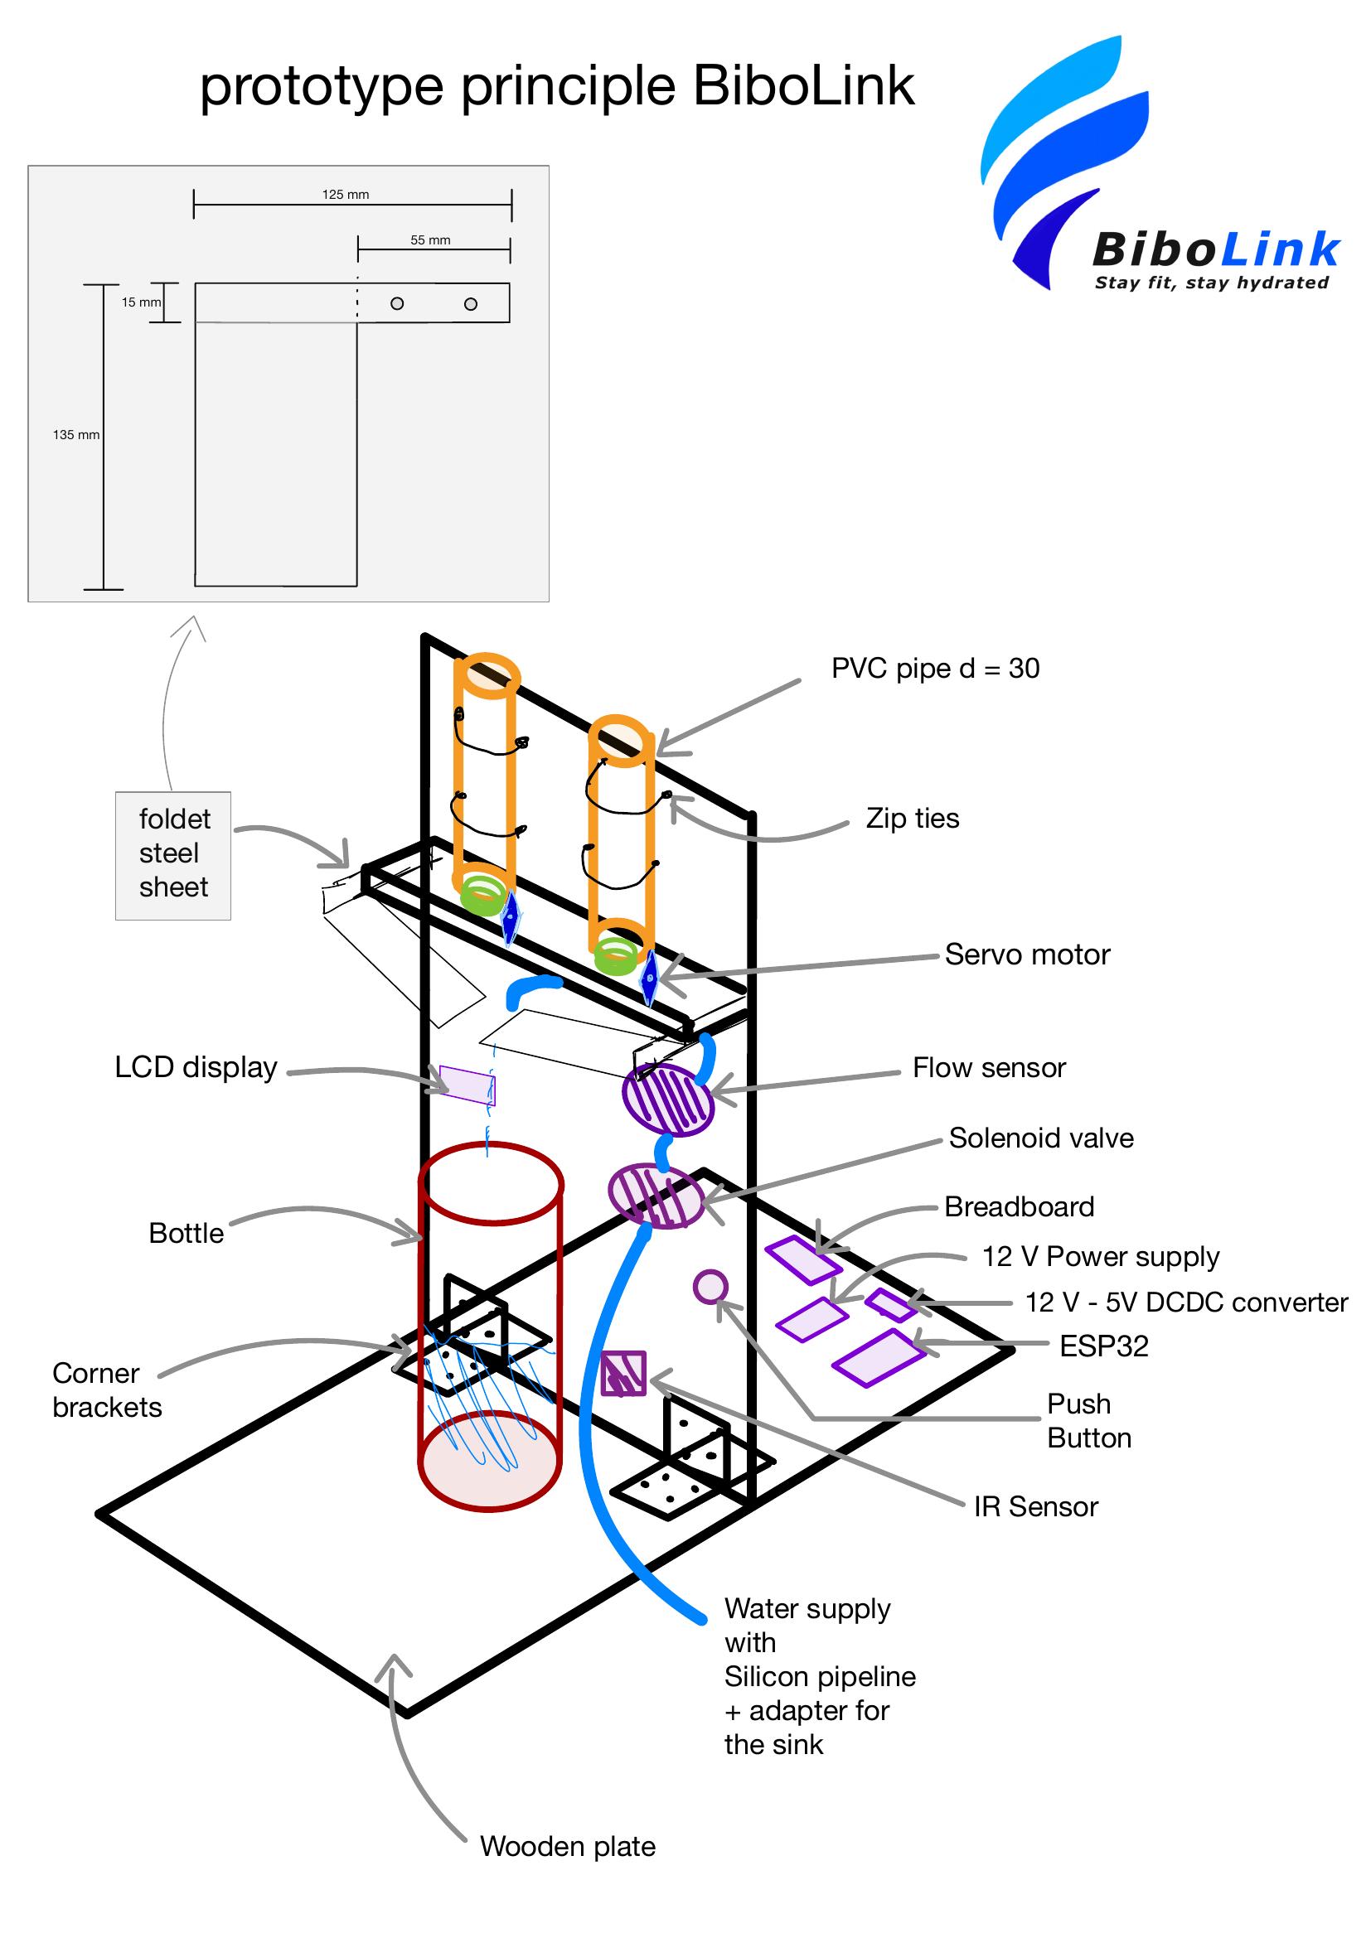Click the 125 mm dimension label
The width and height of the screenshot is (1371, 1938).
pos(346,194)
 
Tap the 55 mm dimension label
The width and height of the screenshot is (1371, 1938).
pos(430,239)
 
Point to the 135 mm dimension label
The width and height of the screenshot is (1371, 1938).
pos(76,435)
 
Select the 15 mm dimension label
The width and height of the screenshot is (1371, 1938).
pos(140,302)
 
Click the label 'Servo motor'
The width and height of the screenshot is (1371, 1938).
pos(1026,955)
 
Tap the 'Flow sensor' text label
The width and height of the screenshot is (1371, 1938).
pos(989,1068)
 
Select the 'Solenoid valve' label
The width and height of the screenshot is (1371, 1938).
pos(1041,1138)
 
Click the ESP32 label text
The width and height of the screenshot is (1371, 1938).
pos(1103,1346)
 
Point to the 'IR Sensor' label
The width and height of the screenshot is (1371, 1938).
pos(1036,1506)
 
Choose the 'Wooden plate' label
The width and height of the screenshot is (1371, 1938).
pos(567,1846)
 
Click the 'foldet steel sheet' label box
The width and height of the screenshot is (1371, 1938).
pos(173,854)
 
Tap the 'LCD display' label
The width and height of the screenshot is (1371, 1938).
pos(196,1067)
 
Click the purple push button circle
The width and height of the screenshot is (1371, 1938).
pos(710,1288)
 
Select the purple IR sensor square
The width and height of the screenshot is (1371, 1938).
pos(623,1373)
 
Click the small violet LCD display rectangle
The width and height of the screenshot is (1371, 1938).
pos(467,1085)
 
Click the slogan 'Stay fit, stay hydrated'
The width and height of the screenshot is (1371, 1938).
pos(1212,283)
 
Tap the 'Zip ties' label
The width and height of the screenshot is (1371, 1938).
pos(913,819)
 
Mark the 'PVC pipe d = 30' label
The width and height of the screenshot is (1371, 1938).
pos(934,669)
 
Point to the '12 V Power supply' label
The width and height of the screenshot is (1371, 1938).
pos(1100,1257)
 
